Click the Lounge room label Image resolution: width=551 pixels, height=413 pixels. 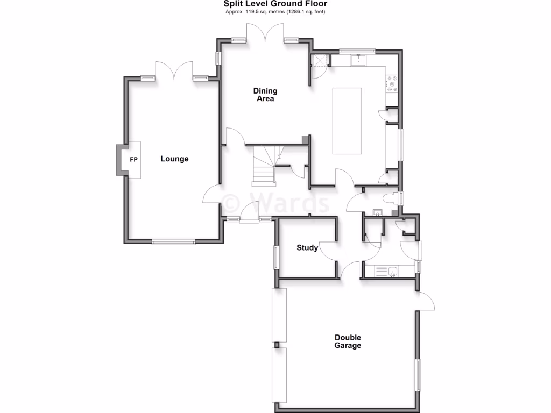174,159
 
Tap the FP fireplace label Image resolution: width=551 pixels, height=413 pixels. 133,160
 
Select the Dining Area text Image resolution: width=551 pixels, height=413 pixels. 265,95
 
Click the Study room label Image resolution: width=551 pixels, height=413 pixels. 307,248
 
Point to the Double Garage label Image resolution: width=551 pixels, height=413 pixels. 348,341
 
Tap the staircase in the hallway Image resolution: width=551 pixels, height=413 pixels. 264,164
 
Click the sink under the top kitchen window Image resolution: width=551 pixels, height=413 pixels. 357,59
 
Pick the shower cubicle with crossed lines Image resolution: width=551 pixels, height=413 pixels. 320,61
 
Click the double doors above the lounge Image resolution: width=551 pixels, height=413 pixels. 174,70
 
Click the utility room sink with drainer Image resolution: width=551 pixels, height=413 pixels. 386,272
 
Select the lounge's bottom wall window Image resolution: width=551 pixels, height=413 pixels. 173,243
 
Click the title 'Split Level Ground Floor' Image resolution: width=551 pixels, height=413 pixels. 275,4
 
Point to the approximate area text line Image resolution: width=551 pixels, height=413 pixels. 275,11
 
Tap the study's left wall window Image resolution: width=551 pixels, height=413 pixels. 277,257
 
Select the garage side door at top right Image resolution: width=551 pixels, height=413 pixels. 427,301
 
